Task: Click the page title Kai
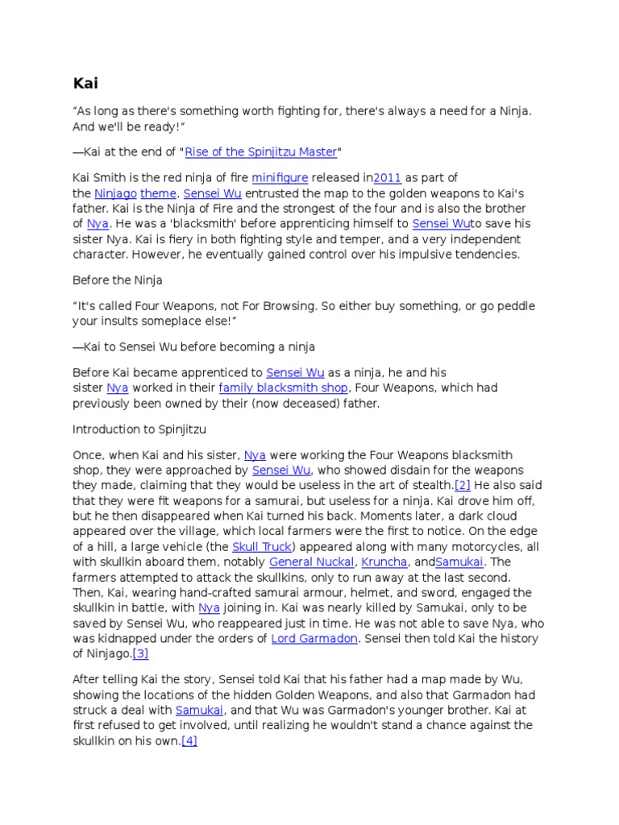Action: pos(85,83)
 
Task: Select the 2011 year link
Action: pos(387,177)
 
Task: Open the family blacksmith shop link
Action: pos(283,388)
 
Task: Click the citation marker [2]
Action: pos(463,485)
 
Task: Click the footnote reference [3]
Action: pos(140,654)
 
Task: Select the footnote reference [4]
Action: pos(189,740)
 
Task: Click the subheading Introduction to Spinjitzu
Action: pos(140,429)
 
